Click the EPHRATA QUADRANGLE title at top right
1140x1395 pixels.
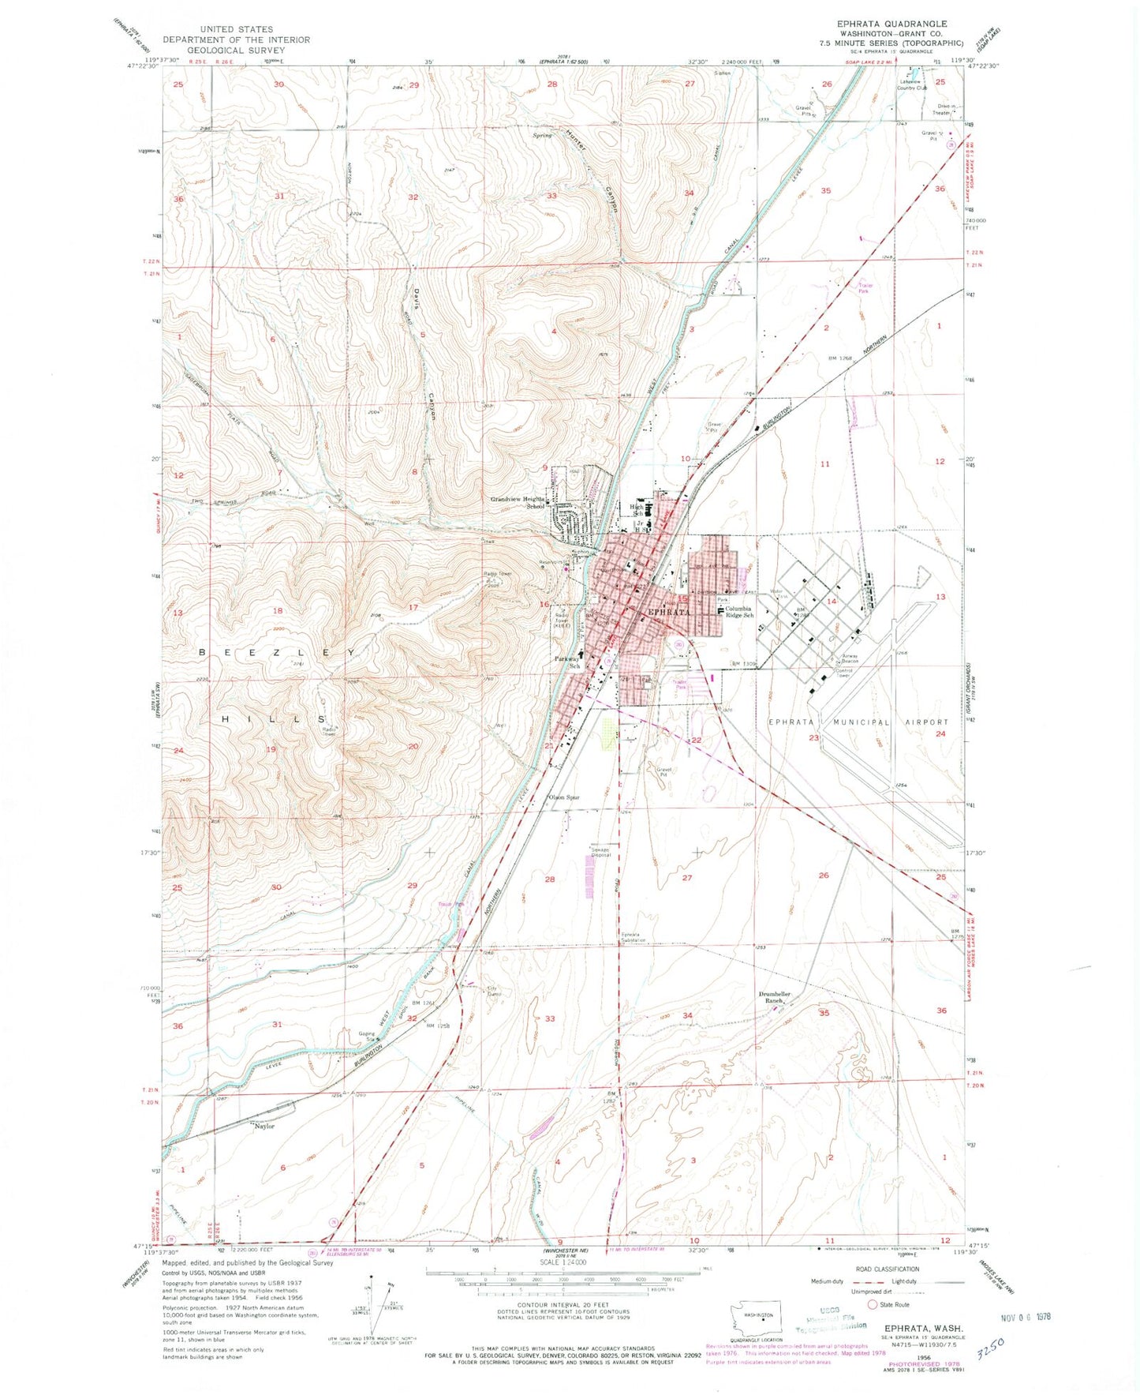(892, 24)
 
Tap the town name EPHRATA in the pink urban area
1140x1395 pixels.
(669, 612)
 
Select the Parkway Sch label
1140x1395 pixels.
(565, 662)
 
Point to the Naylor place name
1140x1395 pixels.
(264, 1126)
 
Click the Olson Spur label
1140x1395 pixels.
(565, 797)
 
